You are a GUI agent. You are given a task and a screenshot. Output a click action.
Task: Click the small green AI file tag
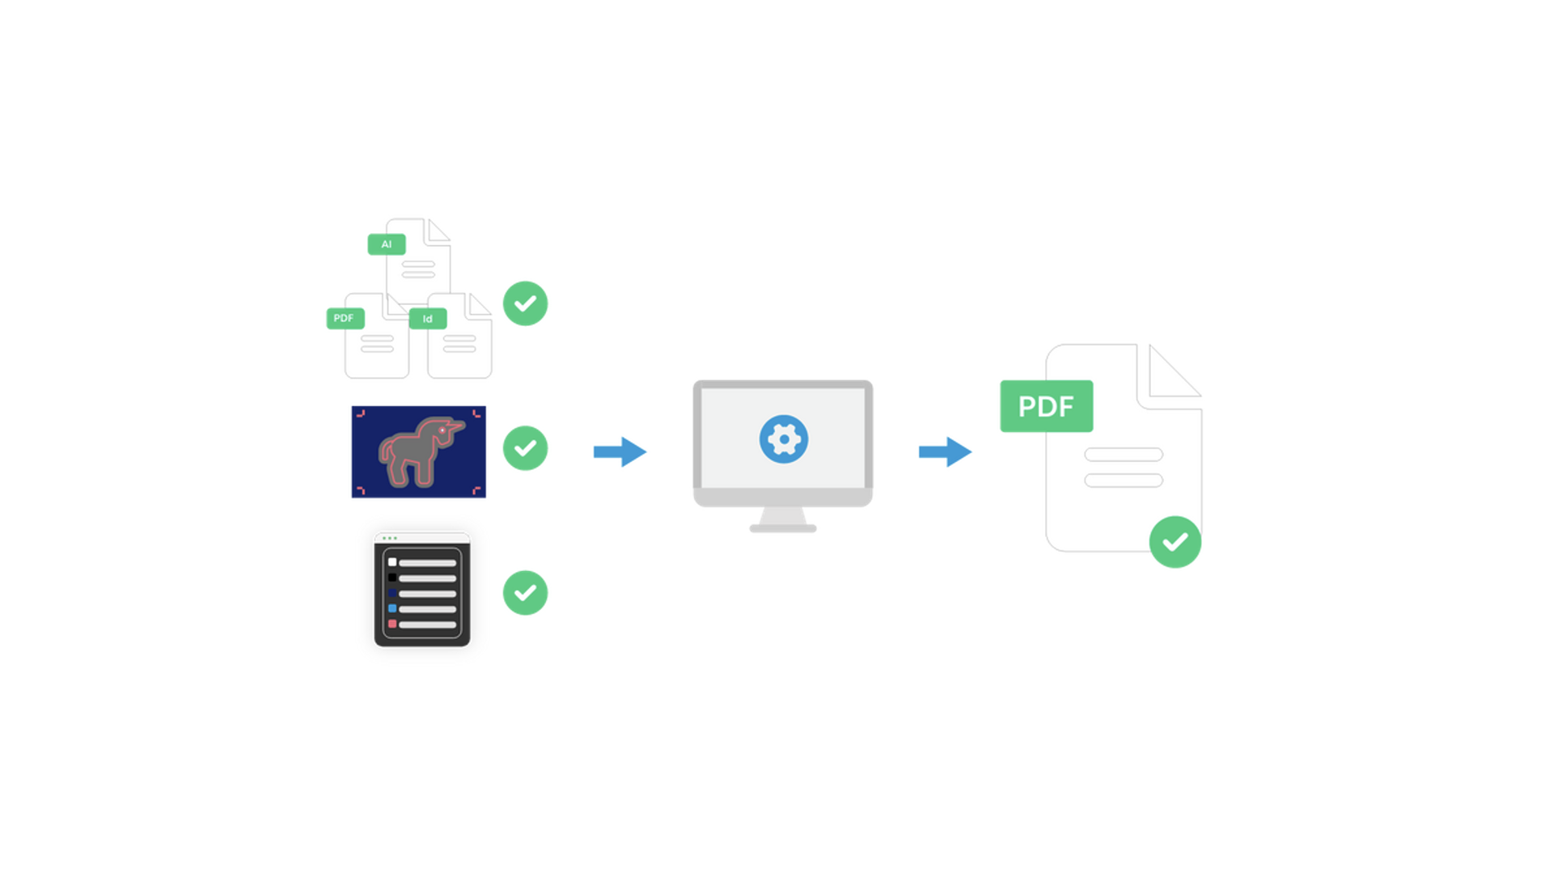[x=387, y=244]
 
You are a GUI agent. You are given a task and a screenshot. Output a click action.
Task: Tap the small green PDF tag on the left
[x=345, y=318]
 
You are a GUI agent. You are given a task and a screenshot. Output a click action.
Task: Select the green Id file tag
[x=428, y=319]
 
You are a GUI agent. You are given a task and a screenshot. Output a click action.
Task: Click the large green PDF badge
[x=1047, y=406]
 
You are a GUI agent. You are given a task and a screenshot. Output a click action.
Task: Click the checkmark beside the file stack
[x=526, y=303]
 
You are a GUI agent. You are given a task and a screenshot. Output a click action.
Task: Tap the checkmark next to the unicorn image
[x=526, y=448]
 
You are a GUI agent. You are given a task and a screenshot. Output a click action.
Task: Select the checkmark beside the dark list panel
[x=526, y=593]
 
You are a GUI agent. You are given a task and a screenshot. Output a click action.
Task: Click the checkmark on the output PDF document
[x=1175, y=542]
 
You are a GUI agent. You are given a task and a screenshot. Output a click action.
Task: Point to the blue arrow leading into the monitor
[x=620, y=451]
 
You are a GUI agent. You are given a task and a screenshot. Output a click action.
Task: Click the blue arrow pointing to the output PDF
[x=946, y=451]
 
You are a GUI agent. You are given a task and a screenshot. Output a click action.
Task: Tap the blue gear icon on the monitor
[x=784, y=439]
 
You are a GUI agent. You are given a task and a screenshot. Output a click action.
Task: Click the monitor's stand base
[x=783, y=528]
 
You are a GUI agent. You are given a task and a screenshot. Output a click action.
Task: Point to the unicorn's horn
[x=458, y=424]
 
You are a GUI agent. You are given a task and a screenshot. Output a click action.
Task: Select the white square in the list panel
[x=392, y=562]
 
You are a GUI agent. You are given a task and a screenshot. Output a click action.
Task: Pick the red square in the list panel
[x=392, y=624]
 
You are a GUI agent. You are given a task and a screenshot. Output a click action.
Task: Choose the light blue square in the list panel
[x=392, y=608]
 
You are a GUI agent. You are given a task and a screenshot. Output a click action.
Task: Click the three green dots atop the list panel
[x=390, y=538]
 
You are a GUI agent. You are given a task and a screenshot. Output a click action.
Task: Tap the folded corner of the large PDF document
[x=1170, y=373]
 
